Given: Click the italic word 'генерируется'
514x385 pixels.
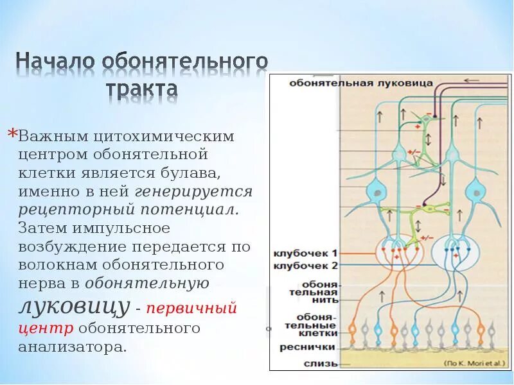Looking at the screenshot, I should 193,191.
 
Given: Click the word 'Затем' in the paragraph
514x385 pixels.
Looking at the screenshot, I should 42,228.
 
